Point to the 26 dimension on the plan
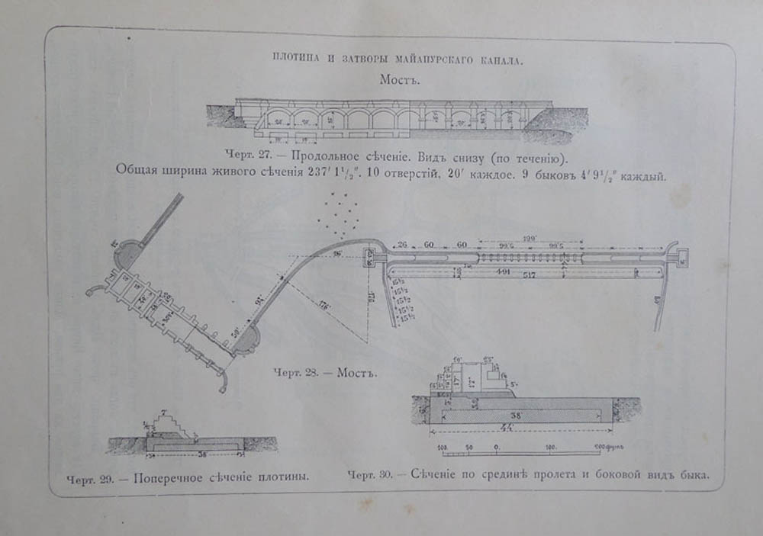click(x=404, y=244)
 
